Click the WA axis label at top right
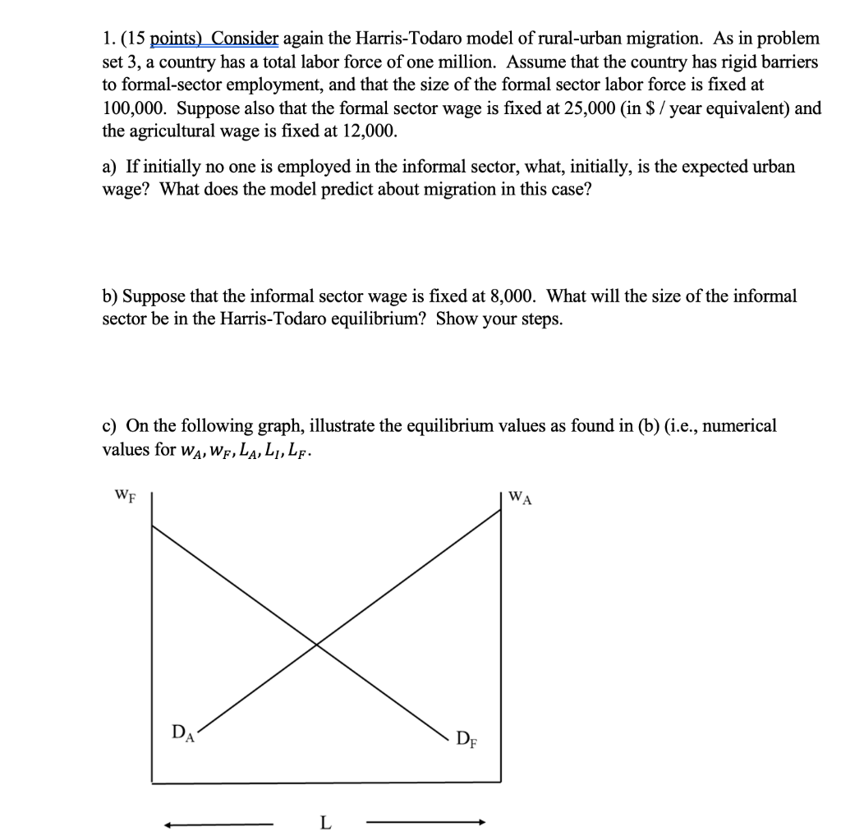pos(521,497)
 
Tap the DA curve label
pos(182,730)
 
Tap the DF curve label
pos(465,740)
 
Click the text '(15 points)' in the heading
pos(161,39)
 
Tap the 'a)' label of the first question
pos(110,167)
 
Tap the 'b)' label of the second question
pos(110,296)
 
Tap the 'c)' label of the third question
pos(110,425)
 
